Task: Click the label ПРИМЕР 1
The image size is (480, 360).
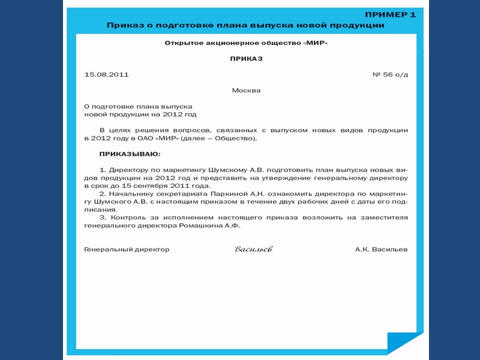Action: point(390,14)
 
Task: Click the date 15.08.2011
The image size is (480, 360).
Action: point(107,74)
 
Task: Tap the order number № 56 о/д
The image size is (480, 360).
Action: point(390,74)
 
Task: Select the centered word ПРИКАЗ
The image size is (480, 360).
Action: point(246,59)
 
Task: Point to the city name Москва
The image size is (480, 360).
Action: point(246,91)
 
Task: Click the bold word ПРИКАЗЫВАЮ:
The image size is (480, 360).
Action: point(126,154)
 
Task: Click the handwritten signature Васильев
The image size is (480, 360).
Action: point(253,249)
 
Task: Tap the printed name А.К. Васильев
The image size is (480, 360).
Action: point(381,249)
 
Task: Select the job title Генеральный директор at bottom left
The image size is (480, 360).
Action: point(127,249)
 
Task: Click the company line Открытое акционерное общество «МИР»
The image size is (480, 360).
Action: point(246,43)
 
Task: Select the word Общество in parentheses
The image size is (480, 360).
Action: point(235,139)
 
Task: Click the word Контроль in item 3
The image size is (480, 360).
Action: point(128,217)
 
